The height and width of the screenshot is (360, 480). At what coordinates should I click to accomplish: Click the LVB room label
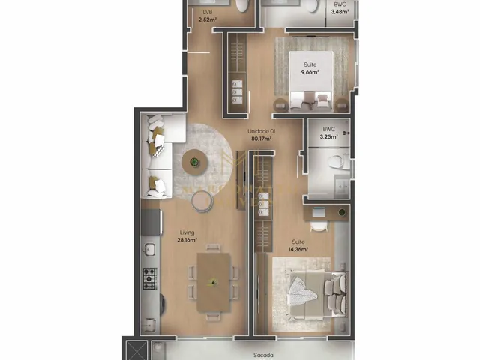(x=208, y=12)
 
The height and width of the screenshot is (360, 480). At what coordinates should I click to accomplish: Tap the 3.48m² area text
(x=340, y=12)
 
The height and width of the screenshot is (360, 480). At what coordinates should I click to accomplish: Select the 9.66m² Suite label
(x=310, y=68)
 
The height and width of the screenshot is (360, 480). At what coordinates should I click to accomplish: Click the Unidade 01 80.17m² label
(x=262, y=135)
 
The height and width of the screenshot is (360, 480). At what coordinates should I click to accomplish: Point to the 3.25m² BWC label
(x=328, y=133)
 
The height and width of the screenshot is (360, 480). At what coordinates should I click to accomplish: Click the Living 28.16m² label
(x=187, y=236)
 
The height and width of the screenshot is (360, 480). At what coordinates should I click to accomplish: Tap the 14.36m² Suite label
(x=298, y=245)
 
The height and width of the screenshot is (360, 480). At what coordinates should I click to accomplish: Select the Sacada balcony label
(x=263, y=355)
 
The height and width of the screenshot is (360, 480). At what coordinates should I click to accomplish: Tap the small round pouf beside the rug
(x=202, y=201)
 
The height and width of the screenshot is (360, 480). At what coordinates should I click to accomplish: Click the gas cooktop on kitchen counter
(x=150, y=278)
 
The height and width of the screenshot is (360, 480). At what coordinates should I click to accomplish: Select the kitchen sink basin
(x=150, y=249)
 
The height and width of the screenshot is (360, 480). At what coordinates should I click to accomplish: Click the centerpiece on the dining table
(x=213, y=282)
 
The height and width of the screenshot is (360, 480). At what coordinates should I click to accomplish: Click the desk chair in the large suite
(x=319, y=226)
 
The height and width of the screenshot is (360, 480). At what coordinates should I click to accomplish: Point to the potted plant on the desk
(x=342, y=212)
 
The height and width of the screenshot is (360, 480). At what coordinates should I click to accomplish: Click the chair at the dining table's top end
(x=213, y=247)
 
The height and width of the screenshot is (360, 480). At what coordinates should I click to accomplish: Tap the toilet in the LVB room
(x=242, y=5)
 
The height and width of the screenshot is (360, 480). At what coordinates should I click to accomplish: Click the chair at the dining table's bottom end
(x=213, y=316)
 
